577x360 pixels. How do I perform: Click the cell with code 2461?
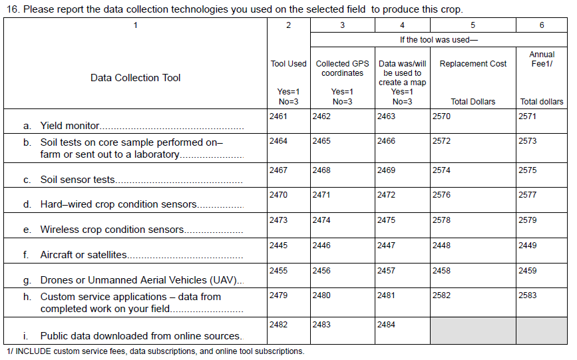point(288,122)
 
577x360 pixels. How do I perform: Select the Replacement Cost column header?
point(473,64)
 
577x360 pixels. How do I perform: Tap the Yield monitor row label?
point(70,125)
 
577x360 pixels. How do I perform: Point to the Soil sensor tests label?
point(78,180)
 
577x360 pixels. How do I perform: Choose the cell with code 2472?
point(402,200)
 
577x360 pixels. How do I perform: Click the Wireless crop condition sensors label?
point(112,230)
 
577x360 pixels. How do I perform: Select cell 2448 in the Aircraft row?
point(473,251)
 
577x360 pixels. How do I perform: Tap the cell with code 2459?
point(542,276)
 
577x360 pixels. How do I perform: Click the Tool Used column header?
point(288,64)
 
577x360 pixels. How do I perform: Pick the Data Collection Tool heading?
point(136,78)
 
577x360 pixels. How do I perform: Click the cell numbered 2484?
point(402,331)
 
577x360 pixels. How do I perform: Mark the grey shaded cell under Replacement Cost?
point(473,331)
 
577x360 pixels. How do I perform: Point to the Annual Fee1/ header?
point(542,59)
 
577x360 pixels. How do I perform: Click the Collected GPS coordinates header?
point(342,69)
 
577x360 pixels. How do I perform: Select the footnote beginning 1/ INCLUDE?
point(155,351)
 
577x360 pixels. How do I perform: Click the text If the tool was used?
point(439,39)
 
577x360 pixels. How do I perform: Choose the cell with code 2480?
point(342,301)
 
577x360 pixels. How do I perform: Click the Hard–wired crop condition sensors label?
point(118,204)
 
